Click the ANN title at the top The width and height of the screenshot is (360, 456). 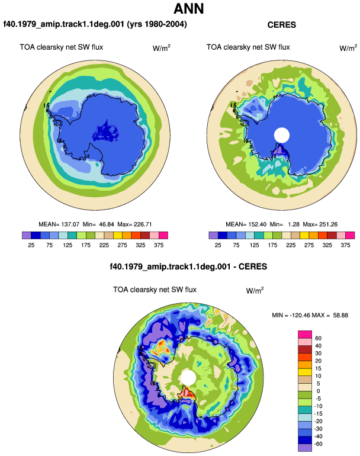tap(189, 8)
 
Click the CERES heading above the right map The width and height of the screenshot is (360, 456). tap(281, 25)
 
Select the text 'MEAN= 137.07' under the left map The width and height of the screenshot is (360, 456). tap(59, 224)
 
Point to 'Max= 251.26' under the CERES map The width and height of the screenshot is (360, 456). tap(320, 224)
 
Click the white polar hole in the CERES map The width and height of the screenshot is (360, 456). tap(282, 135)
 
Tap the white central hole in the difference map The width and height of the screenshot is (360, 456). tap(188, 377)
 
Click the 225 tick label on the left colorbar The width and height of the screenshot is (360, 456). tap(104, 245)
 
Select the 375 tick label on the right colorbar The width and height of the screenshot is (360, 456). tap(345, 245)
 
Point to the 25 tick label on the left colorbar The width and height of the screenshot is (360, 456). tap(31, 245)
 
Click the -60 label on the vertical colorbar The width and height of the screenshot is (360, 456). tap(319, 444)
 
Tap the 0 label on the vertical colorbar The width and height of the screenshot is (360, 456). tap(318, 391)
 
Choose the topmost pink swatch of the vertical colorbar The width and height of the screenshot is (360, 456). tap(305, 335)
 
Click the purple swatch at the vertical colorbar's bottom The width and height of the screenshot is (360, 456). tap(305, 448)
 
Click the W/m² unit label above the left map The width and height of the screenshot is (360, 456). tap(162, 48)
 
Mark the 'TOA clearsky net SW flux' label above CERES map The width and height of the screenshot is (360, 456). tap(248, 47)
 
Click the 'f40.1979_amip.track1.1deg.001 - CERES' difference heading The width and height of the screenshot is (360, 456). tap(188, 266)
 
